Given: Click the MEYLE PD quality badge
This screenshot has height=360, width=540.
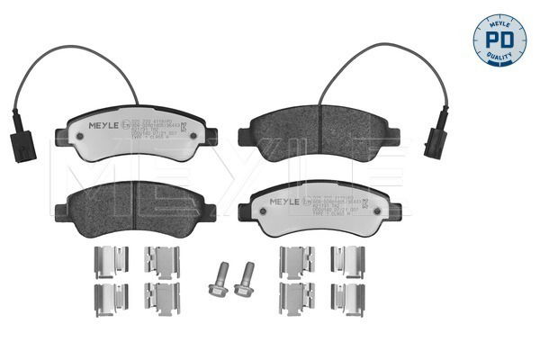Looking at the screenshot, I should pyautogui.click(x=499, y=40).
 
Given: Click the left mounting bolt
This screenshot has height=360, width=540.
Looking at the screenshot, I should pyautogui.click(x=218, y=279).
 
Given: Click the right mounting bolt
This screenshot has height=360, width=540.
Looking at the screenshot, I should pyautogui.click(x=243, y=280).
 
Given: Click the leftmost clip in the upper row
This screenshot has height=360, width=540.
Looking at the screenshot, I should pyautogui.click(x=110, y=261).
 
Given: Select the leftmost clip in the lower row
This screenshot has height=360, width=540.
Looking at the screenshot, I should pyautogui.click(x=110, y=299).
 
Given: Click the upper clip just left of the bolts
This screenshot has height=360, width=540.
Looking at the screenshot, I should pyautogui.click(x=163, y=261).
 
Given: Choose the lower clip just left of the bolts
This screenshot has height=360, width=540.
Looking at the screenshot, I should pyautogui.click(x=163, y=299).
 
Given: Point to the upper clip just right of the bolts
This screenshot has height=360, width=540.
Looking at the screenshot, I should pyautogui.click(x=295, y=261).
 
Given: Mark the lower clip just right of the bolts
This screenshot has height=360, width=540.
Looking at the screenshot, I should pyautogui.click(x=295, y=299).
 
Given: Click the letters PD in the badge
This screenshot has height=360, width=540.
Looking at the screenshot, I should pyautogui.click(x=499, y=39).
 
